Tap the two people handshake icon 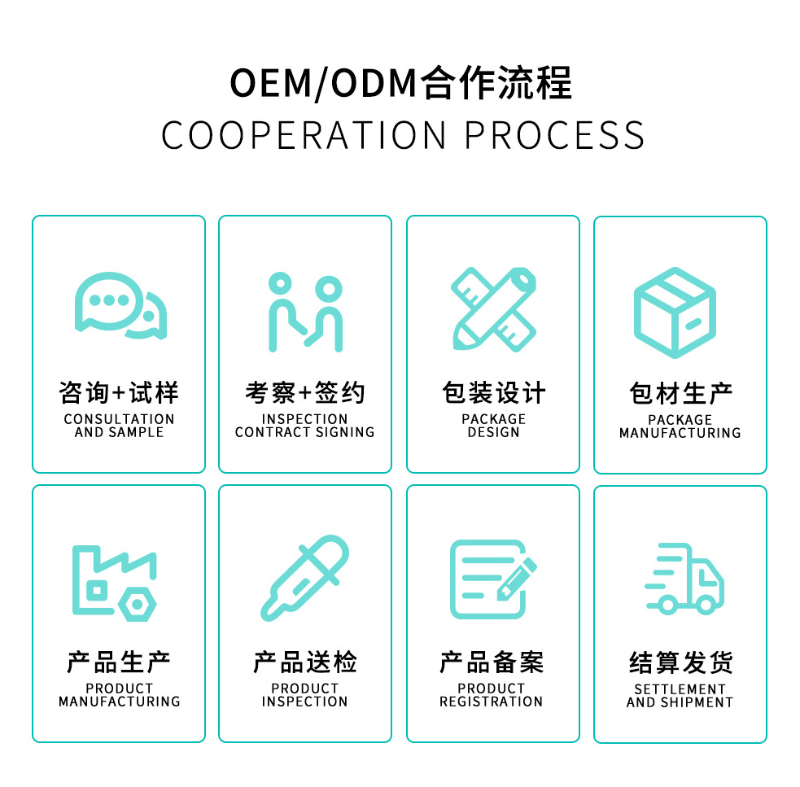[305, 311]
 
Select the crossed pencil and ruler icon [493, 308]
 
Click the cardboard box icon [675, 312]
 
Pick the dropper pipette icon [304, 577]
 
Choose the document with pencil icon [492, 579]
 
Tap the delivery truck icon [684, 579]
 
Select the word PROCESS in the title [554, 135]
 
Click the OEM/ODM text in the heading [323, 84]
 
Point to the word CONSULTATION [119, 419]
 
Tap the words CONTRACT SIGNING [305, 432]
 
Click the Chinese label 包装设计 [493, 393]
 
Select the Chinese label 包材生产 [680, 394]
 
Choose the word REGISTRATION [491, 702]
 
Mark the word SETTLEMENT [680, 689]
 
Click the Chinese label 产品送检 [305, 662]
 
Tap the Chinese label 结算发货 [680, 663]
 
